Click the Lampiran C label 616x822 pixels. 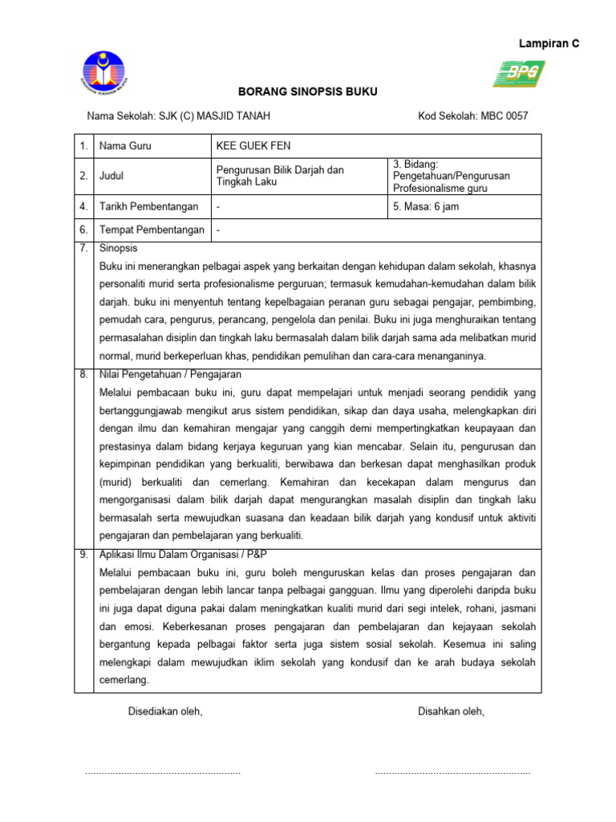[549, 44]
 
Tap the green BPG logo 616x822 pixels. [519, 74]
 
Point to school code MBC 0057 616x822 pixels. [473, 116]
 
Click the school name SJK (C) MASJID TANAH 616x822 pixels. [178, 116]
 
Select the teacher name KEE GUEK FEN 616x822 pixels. [253, 146]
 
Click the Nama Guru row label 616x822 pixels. [125, 146]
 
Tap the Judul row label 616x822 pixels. [111, 176]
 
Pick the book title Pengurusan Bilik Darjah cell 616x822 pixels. [280, 176]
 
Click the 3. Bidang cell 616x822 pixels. [452, 176]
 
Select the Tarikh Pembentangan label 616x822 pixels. [148, 206]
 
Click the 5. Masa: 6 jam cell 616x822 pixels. [426, 206]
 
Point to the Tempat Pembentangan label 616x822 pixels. [151, 230]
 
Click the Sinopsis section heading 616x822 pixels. [118, 248]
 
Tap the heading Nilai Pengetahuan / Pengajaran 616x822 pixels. [169, 374]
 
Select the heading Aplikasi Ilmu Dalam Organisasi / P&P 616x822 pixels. [183, 555]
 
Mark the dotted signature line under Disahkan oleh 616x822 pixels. [452, 772]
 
